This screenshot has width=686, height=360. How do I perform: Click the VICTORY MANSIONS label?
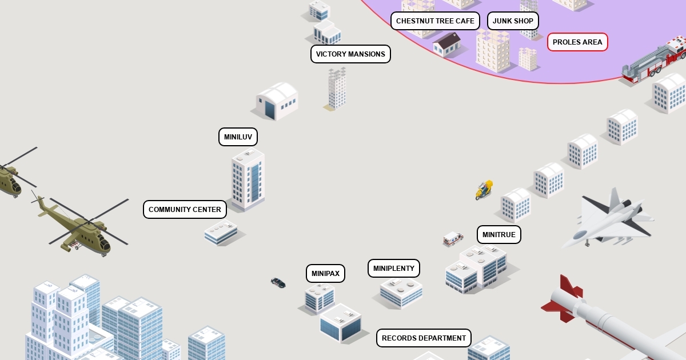[350, 54]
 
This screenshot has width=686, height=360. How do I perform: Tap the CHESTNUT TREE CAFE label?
[435, 21]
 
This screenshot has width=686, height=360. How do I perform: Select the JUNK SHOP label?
[513, 21]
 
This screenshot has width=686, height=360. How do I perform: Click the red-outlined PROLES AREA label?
[577, 42]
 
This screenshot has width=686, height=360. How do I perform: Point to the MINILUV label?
[238, 137]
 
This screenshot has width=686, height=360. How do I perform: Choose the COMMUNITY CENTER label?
[185, 210]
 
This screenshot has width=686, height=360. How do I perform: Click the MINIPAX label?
[325, 274]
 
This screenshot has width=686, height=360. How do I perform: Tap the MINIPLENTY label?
[393, 269]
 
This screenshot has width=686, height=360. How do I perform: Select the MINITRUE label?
[498, 235]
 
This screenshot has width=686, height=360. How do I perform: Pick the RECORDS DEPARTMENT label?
[424, 338]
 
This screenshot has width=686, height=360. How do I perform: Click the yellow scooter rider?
[484, 190]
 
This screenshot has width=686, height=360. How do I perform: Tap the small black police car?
[278, 282]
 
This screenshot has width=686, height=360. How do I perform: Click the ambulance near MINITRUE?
[453, 238]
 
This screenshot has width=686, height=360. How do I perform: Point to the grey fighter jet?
[609, 220]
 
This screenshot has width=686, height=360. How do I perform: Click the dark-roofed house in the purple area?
[447, 44]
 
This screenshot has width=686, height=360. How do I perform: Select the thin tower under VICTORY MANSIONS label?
[337, 89]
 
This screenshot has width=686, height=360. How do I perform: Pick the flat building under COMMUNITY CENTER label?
[221, 232]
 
